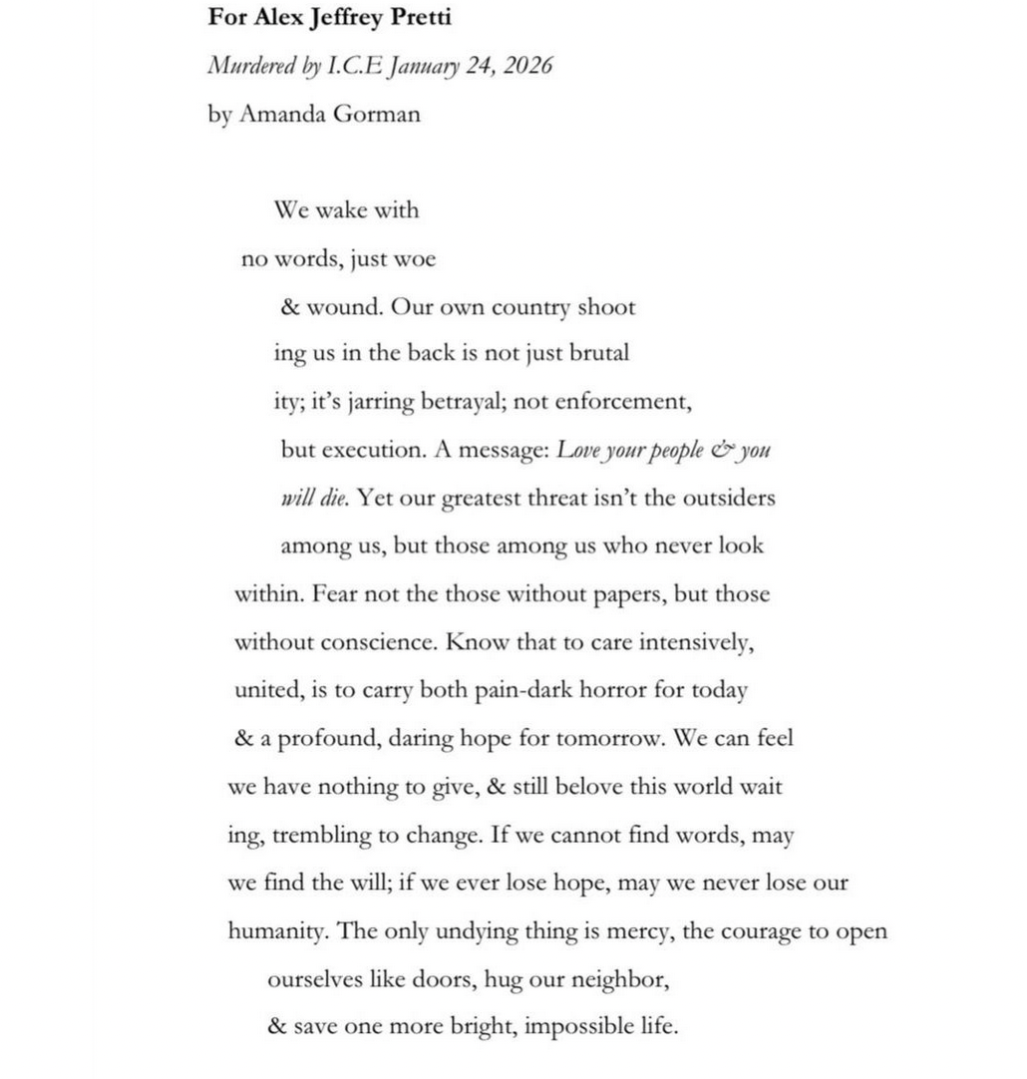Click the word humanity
pyautogui.click(x=278, y=932)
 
